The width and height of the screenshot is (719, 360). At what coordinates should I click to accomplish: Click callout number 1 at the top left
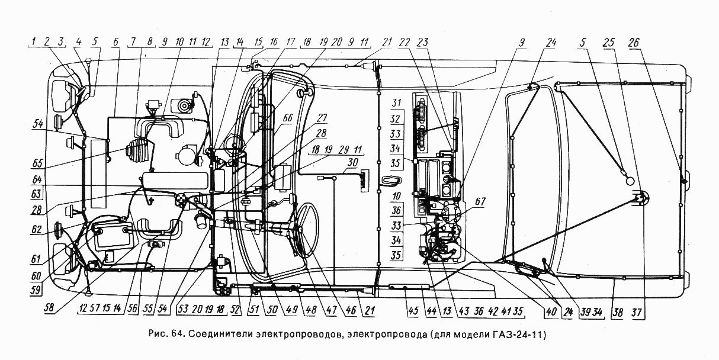pyautogui.click(x=34, y=42)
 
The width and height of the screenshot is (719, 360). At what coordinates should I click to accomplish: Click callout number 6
pyautogui.click(x=115, y=42)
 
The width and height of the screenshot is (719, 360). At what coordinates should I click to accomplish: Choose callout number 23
pyautogui.click(x=439, y=42)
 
